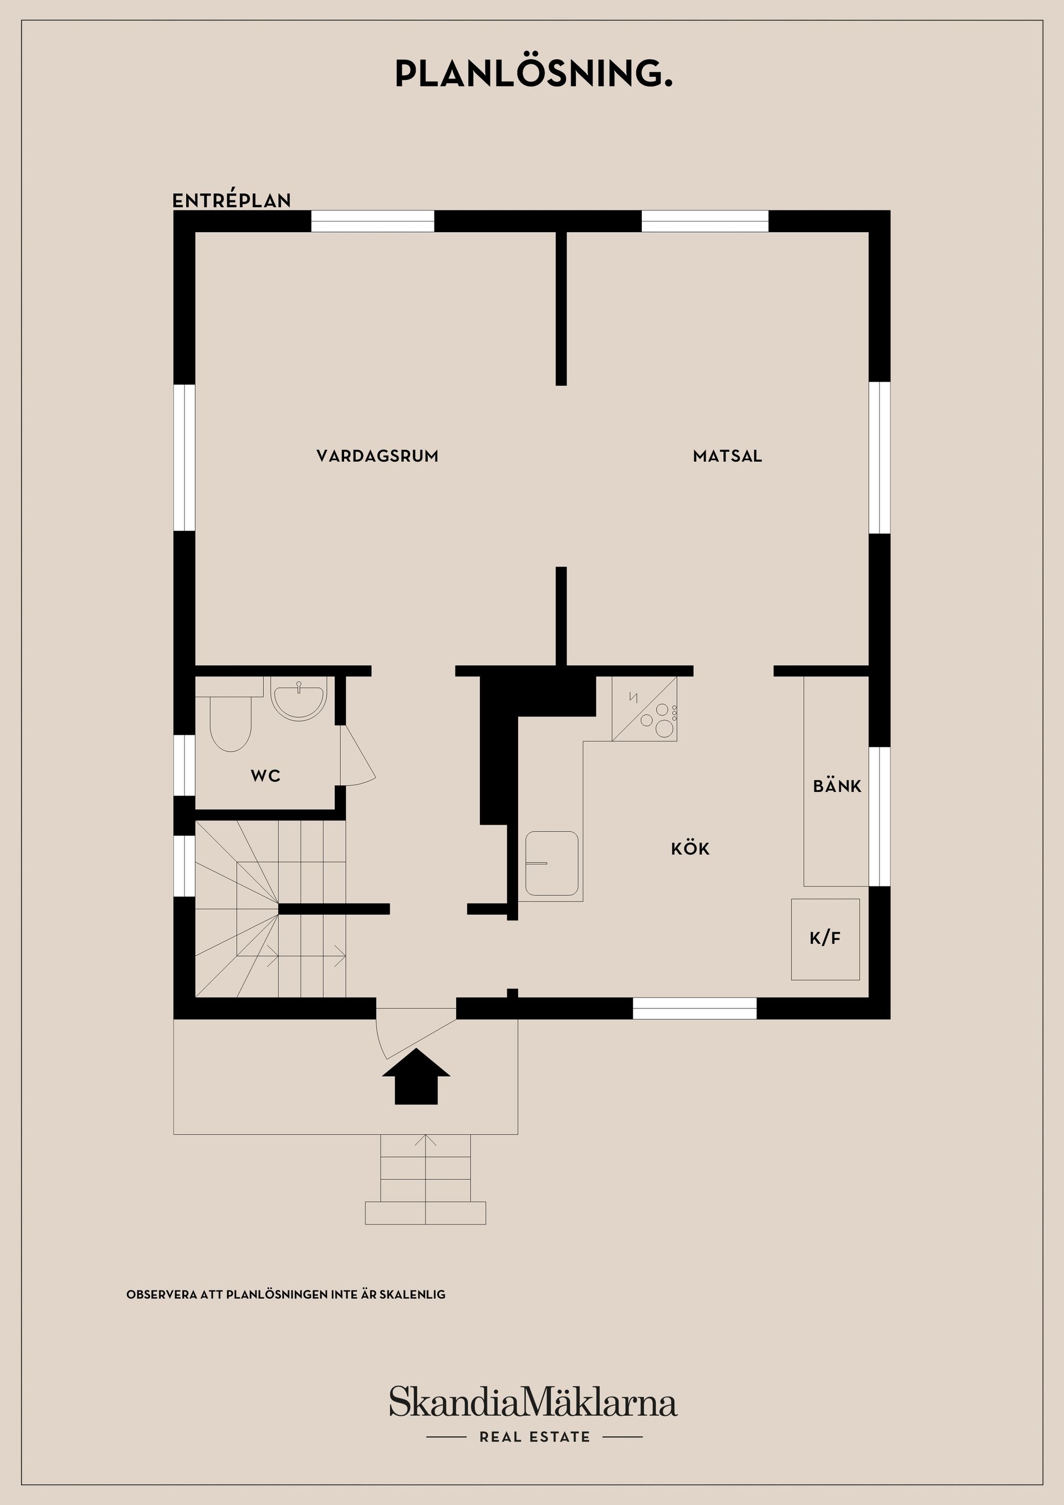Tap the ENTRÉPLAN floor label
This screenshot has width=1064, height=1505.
[x=232, y=201]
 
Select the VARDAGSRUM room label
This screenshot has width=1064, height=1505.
[x=377, y=456]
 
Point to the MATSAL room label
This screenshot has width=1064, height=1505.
[x=727, y=456]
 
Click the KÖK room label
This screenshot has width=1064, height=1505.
[x=690, y=849]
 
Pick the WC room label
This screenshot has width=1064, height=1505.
[x=265, y=776]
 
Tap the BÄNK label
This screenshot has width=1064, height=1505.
[x=837, y=786]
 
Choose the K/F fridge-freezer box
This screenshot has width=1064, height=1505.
[x=825, y=939]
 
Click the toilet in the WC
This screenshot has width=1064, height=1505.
[x=230, y=721]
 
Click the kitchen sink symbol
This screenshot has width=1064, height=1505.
[x=551, y=863]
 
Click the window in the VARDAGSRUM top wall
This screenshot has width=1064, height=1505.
[x=372, y=222]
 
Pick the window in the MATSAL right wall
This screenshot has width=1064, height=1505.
[x=879, y=458]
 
